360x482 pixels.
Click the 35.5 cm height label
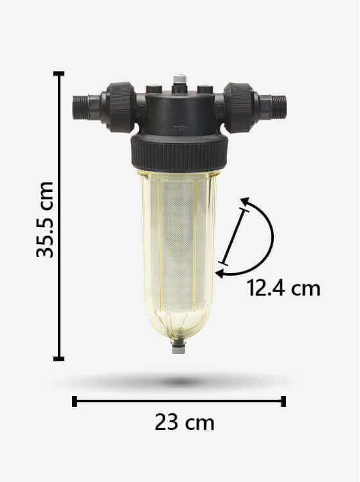(45, 220)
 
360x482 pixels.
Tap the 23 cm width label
(184, 423)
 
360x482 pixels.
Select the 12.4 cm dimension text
(283, 289)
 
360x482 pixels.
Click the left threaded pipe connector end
(81, 107)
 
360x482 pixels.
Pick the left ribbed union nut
(121, 107)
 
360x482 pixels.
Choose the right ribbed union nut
(239, 107)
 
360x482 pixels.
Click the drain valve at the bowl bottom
(179, 346)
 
